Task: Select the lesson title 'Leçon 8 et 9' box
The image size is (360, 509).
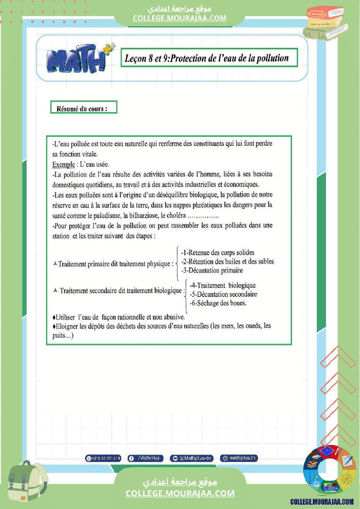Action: (209, 58)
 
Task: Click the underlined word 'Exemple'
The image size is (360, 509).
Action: (63, 165)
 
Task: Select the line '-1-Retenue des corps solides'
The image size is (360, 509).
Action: (217, 253)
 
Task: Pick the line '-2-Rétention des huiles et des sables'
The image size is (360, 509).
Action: (227, 261)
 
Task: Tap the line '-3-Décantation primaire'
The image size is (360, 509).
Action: (211, 270)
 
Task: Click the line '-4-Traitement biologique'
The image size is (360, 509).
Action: (222, 286)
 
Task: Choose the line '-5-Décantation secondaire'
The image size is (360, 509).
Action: (223, 294)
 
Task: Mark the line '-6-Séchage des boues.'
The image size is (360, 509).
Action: (218, 303)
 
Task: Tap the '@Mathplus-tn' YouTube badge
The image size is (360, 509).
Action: (192, 458)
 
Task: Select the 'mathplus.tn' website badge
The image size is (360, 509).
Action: (239, 458)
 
